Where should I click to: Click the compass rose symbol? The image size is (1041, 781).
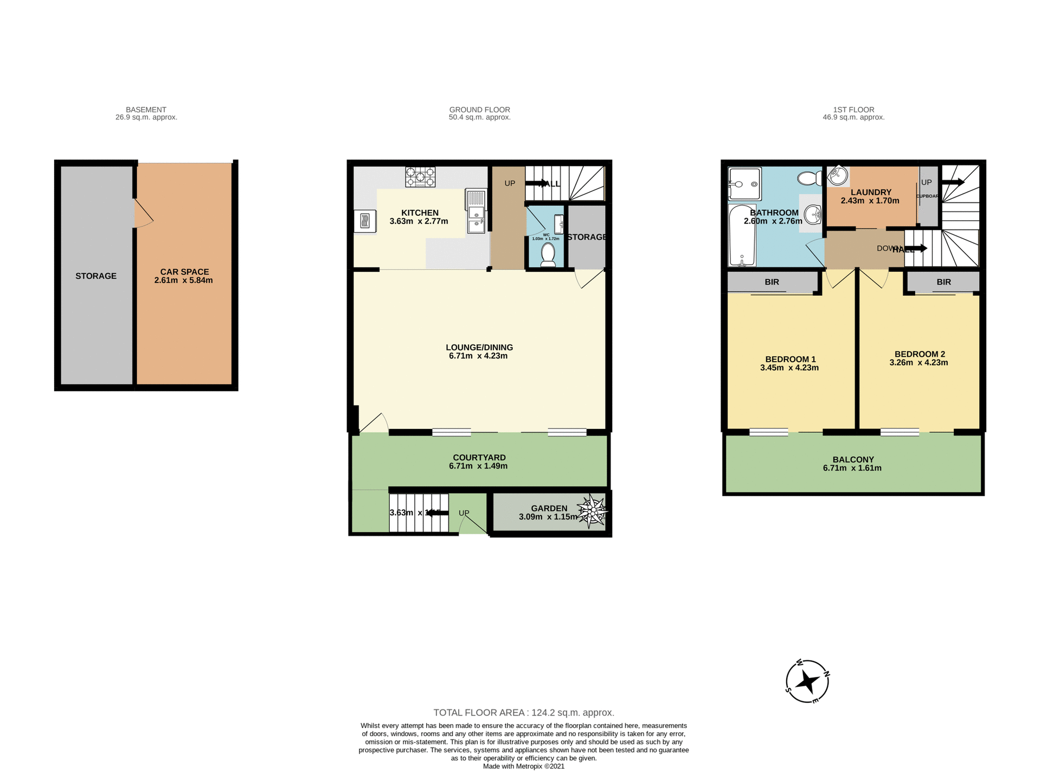807,682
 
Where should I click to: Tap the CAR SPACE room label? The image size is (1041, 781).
184,272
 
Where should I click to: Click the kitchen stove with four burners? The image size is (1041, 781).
420,177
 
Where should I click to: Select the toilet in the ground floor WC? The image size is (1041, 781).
548,255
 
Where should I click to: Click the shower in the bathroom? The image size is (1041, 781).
744,184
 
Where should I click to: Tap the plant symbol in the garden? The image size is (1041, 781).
592,511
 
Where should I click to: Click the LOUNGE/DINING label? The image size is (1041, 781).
479,347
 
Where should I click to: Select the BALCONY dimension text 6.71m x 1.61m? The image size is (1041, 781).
852,468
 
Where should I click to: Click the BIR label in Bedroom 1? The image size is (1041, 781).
772,282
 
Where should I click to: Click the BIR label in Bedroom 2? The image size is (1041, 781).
943,282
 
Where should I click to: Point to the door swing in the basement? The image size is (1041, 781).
144,214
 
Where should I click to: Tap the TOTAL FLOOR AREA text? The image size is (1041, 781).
523,713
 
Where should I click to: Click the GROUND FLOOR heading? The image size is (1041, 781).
479,110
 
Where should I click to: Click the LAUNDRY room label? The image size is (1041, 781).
871,192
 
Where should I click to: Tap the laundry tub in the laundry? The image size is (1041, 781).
838,176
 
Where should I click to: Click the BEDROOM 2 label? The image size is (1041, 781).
920,354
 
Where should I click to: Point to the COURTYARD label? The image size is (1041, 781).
479,457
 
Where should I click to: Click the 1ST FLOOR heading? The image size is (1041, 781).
853,110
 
